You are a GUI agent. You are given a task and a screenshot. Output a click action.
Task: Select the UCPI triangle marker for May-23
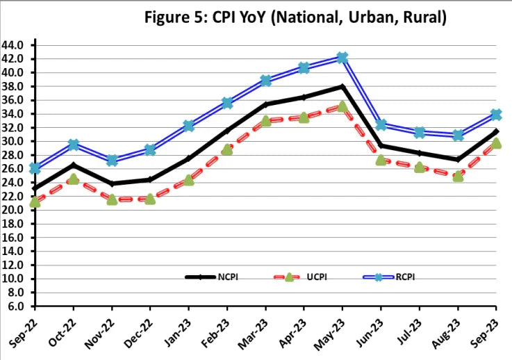pos(342,107)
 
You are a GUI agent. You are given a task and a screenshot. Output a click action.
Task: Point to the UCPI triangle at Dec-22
pos(149,199)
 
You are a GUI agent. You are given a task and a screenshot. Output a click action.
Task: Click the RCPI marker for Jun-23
pos(381,125)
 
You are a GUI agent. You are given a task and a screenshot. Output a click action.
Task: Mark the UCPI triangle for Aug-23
pos(458,177)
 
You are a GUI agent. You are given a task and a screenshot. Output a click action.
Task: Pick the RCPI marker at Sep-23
pos(495,115)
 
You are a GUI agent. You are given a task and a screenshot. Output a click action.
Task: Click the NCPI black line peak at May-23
pos(342,86)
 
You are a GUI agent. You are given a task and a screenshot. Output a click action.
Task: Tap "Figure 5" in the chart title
pos(174,17)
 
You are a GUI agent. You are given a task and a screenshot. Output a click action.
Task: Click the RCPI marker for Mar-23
pos(265,81)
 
